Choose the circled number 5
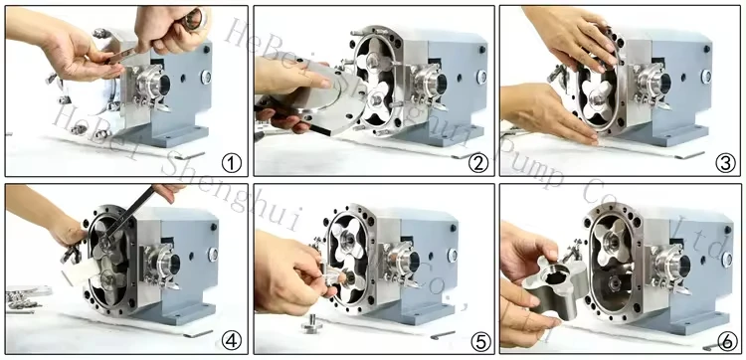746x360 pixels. coord(478,341)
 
